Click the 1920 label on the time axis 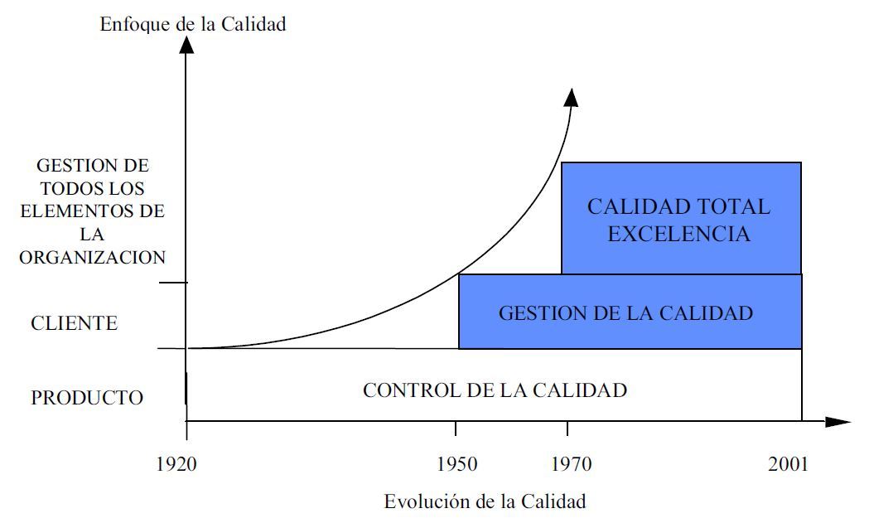click(x=176, y=464)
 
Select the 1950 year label click(x=456, y=464)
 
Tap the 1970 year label click(x=572, y=464)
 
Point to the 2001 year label click(x=787, y=464)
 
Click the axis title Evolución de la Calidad click(x=485, y=501)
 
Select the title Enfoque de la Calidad click(x=193, y=24)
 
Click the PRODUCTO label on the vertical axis click(x=87, y=398)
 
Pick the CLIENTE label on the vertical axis click(x=75, y=323)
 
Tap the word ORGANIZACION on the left click(x=93, y=257)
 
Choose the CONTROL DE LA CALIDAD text click(x=495, y=390)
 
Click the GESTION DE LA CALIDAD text click(x=625, y=312)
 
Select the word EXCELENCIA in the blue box click(x=678, y=235)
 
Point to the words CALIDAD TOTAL click(x=678, y=206)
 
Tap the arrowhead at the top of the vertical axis click(x=186, y=43)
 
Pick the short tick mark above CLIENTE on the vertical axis click(x=173, y=283)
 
